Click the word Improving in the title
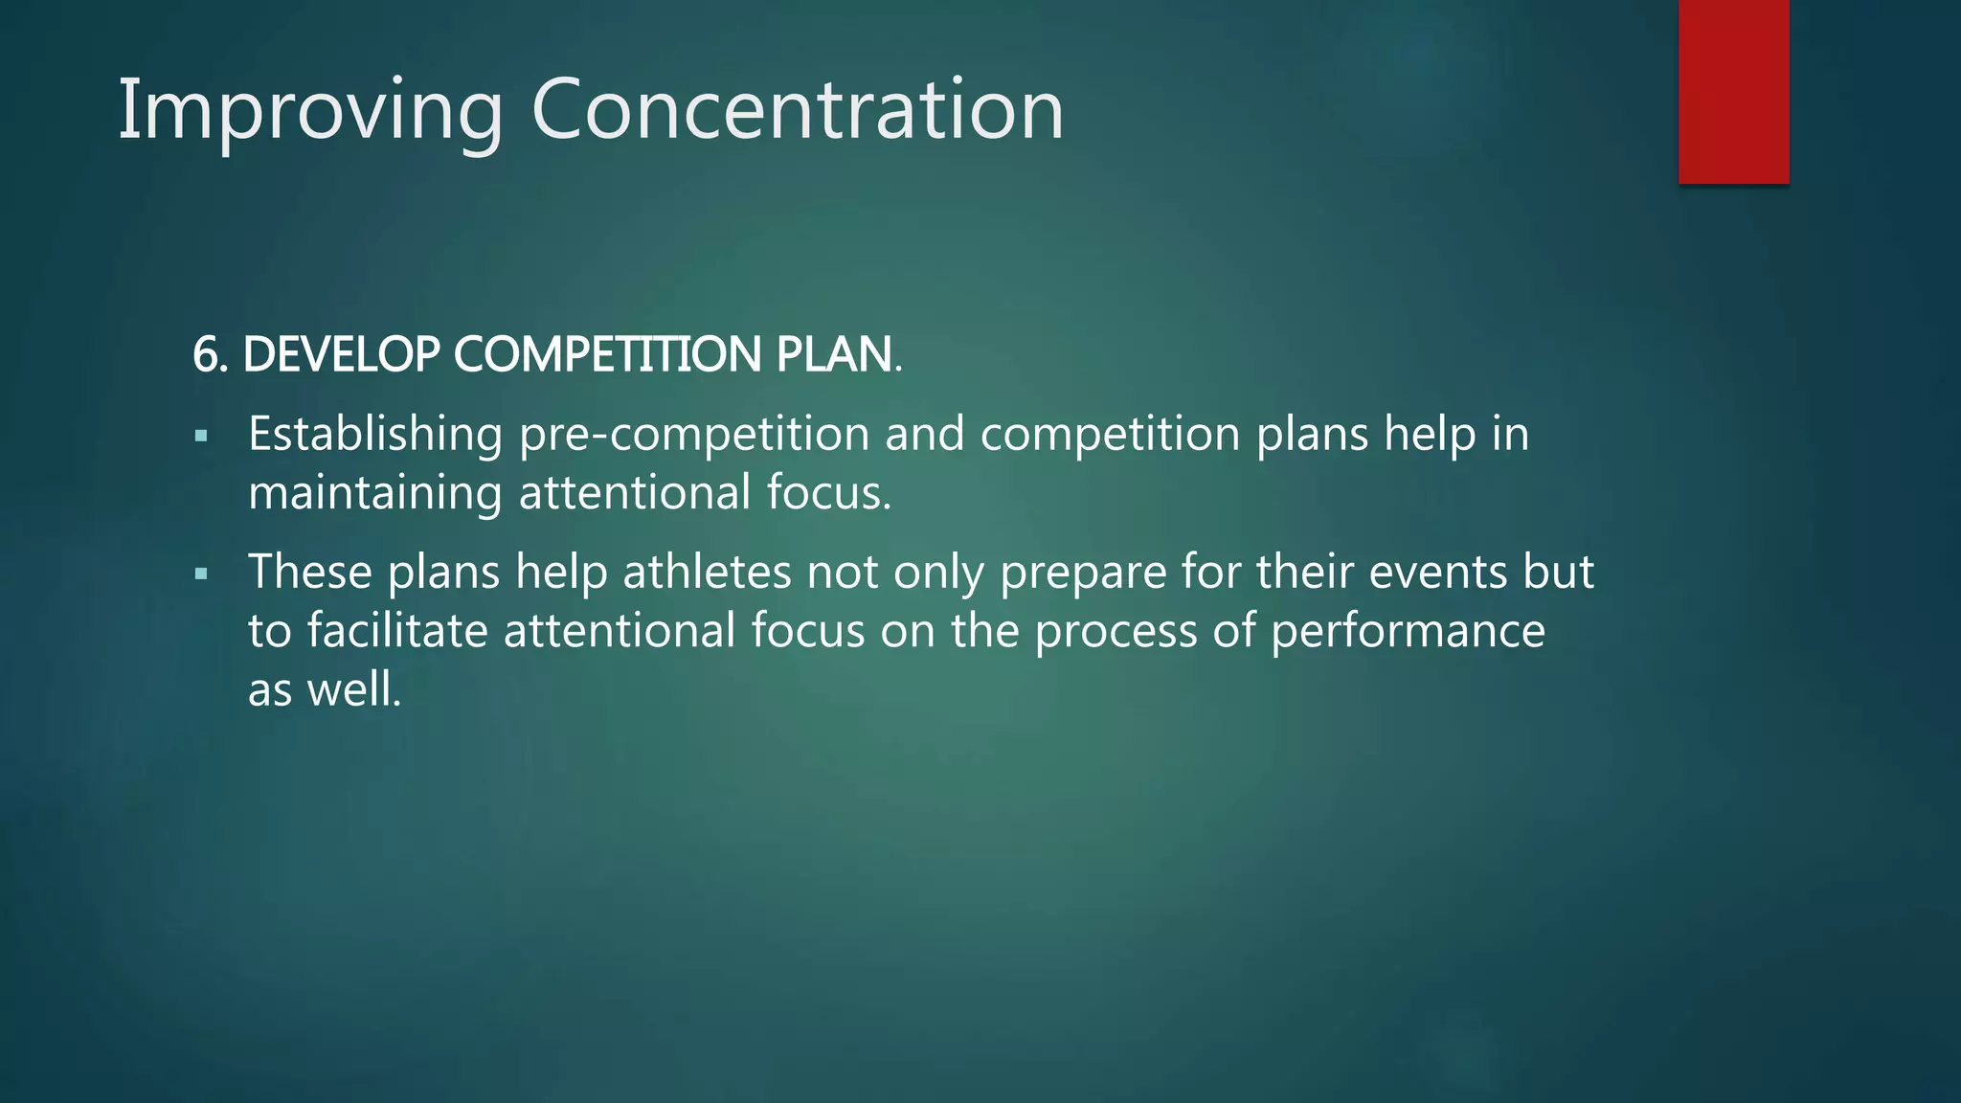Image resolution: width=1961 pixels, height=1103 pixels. [x=309, y=111]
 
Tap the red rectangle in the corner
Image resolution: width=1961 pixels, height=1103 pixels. [x=1733, y=91]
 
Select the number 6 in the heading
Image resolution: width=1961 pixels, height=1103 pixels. [x=205, y=355]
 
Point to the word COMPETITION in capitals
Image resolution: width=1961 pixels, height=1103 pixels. [x=607, y=355]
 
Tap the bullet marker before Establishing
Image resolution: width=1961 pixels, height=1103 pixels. [x=201, y=437]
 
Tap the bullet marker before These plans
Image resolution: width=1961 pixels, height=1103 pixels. [x=201, y=574]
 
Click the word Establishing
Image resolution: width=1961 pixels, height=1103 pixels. [x=375, y=435]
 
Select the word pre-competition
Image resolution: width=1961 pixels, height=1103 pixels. [x=693, y=435]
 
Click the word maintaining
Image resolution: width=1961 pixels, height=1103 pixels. [x=374, y=494]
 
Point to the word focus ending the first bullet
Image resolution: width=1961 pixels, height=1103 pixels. [x=827, y=494]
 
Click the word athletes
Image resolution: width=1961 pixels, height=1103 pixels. [x=707, y=573]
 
